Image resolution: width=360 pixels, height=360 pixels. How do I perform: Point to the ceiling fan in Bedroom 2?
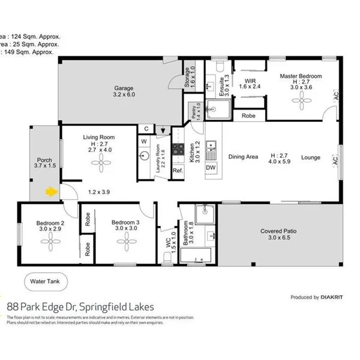50,244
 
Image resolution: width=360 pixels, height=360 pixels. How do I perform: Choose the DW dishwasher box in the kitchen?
211,168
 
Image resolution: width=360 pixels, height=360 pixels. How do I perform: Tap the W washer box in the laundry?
144,142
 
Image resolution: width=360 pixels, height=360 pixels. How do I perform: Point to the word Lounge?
310,158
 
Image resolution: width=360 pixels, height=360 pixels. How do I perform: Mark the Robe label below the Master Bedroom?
248,116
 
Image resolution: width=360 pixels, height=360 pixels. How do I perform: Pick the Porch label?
44,161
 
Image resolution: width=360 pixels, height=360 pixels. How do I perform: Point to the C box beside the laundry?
146,128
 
